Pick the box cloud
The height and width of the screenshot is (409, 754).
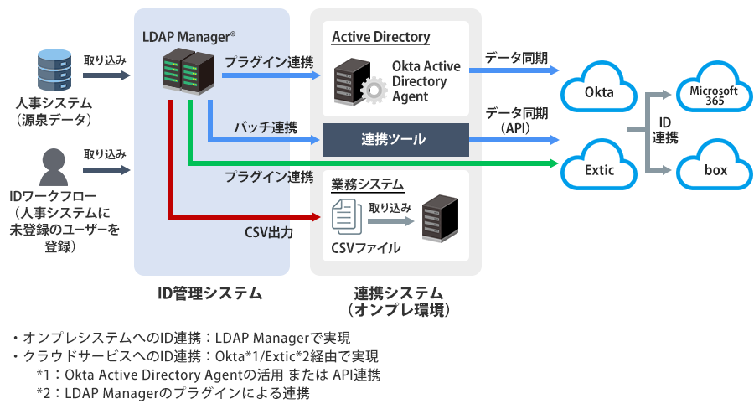click(714, 170)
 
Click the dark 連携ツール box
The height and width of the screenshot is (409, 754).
click(395, 139)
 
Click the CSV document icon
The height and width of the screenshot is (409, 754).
click(345, 218)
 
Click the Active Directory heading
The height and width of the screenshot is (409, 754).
click(380, 37)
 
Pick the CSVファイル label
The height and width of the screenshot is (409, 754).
click(366, 248)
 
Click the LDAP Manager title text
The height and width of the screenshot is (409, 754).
click(188, 36)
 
